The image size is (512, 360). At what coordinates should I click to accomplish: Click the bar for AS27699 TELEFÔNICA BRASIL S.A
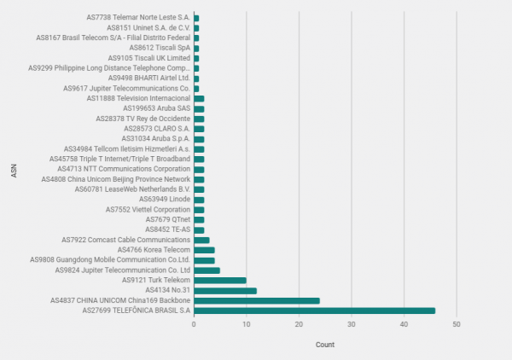tap(314, 311)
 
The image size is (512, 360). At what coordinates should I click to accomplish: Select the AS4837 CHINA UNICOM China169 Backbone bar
tap(256, 300)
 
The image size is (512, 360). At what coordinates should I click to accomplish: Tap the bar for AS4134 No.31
tap(225, 290)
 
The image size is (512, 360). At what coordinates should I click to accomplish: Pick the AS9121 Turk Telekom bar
tap(220, 280)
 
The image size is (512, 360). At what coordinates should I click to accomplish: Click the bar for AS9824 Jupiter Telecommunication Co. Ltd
tap(207, 270)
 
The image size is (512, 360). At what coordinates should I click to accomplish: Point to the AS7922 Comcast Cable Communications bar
tap(201, 240)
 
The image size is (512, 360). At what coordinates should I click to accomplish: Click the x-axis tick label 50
tap(457, 325)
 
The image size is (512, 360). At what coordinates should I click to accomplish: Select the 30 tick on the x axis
tap(352, 325)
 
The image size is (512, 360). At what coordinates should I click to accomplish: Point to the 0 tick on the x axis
tap(194, 325)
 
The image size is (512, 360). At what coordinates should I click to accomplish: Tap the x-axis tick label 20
tap(299, 325)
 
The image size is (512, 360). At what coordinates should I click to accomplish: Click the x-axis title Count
tap(325, 345)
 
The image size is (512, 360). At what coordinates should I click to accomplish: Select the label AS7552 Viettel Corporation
tap(148, 209)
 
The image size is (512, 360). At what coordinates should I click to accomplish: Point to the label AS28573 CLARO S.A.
tap(156, 129)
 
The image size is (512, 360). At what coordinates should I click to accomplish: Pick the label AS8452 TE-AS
tap(167, 229)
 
